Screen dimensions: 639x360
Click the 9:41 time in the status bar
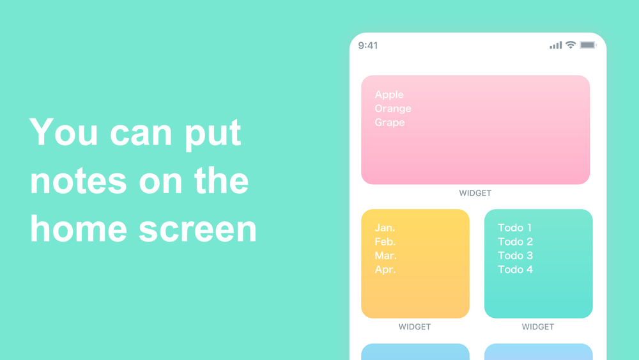(368, 45)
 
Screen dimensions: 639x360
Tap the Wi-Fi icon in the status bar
(571, 45)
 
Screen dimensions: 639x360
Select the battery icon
(588, 45)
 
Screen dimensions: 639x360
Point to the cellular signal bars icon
(555, 45)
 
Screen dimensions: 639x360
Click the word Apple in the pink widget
(389, 95)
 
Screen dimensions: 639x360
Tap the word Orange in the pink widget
(393, 109)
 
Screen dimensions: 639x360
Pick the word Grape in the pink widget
(390, 122)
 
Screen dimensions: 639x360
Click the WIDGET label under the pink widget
(475, 193)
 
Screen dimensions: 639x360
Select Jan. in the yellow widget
(385, 228)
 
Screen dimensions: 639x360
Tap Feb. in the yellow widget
(385, 242)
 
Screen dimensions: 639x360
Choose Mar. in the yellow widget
(385, 256)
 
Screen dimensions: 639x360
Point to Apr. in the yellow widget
(385, 269)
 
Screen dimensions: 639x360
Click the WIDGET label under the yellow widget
(415, 327)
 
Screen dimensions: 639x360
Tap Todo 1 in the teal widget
(514, 228)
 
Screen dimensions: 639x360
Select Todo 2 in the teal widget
(515, 242)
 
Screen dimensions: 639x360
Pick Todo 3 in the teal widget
(515, 256)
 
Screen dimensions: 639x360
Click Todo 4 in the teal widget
(515, 269)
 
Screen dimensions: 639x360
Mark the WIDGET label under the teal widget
(537, 327)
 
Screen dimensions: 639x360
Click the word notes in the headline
(78, 181)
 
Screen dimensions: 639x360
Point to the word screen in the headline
(197, 229)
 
